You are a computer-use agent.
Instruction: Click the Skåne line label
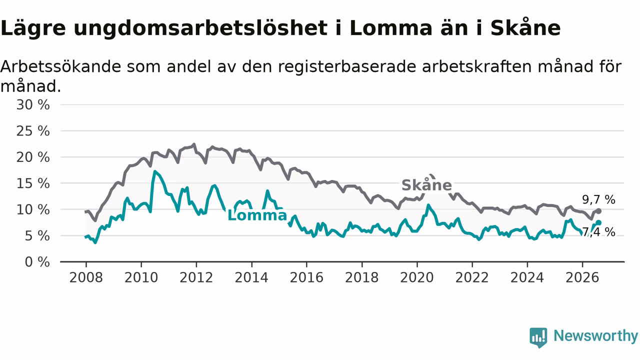coord(426,185)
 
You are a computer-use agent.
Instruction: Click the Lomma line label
coord(257,215)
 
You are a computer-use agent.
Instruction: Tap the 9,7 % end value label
coord(598,199)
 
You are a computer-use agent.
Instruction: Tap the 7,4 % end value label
coord(598,232)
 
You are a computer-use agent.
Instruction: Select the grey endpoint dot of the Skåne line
coord(599,211)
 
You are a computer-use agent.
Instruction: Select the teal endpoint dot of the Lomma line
coord(598,222)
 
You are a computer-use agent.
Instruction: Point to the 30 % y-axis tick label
coord(33,105)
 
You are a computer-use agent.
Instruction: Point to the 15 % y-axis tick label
coord(33,183)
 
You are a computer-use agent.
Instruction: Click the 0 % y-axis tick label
coord(37,262)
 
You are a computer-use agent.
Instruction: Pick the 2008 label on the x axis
coord(86,277)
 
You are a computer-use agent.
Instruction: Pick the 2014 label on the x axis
coord(251,277)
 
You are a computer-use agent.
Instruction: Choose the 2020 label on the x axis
coord(417,277)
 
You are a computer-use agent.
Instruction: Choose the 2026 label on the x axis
coord(582,277)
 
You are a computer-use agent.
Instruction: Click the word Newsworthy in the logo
coord(596,335)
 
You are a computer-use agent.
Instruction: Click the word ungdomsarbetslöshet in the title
coord(200,28)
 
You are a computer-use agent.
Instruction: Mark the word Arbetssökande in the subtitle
coord(61,66)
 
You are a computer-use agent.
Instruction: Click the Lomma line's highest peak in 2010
coord(154,171)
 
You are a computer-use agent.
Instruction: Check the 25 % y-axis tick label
coord(33,131)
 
